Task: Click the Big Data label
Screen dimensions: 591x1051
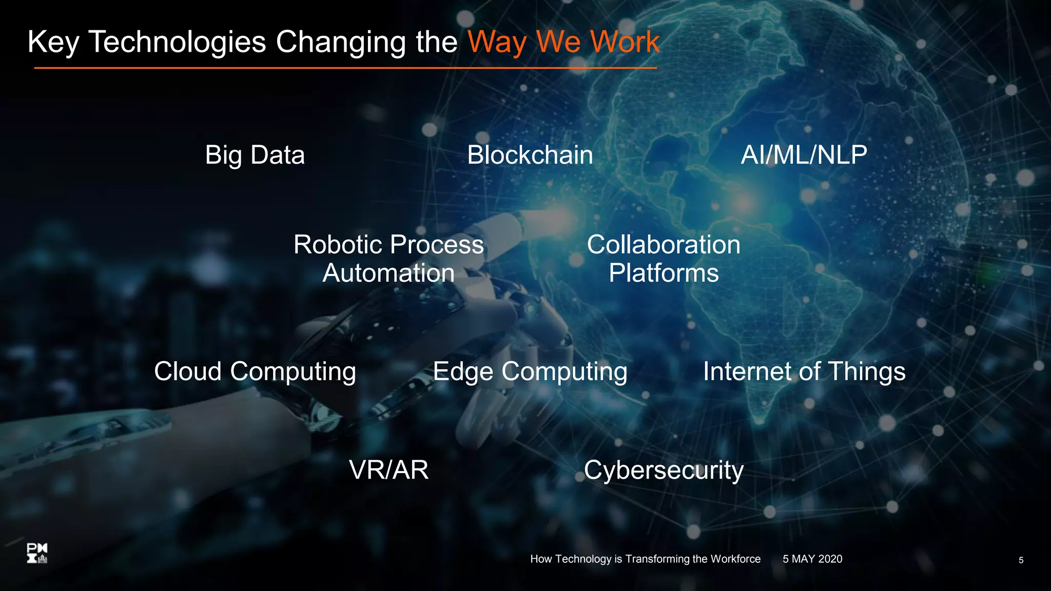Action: point(255,155)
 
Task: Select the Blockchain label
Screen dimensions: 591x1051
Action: point(530,155)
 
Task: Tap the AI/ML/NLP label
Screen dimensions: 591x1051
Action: point(804,155)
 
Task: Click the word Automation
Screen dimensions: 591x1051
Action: point(388,273)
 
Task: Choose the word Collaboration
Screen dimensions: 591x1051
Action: point(664,245)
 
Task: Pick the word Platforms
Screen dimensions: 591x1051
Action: point(664,273)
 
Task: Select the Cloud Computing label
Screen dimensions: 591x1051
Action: point(255,371)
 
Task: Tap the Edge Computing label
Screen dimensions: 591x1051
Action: point(530,371)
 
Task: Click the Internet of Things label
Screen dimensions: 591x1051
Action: point(804,371)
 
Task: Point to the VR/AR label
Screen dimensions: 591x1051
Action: point(388,470)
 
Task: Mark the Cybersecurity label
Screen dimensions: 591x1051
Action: point(664,470)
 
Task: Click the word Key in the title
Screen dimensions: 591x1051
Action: point(53,42)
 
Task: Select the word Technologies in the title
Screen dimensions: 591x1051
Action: point(178,42)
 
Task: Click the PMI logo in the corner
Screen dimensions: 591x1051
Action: point(37,554)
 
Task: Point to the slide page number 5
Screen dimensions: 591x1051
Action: point(1021,560)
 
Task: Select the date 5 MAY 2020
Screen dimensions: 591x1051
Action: point(812,559)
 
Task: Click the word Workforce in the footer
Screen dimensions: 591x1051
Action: point(735,559)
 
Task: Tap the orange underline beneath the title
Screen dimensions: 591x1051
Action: point(345,68)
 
